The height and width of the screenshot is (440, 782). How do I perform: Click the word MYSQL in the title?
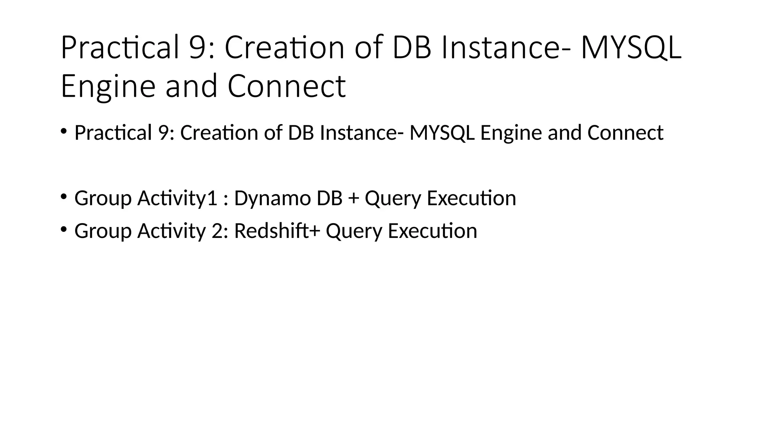tap(630, 48)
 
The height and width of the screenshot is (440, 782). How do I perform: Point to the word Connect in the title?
tap(286, 86)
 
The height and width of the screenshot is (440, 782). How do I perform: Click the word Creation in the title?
tap(284, 48)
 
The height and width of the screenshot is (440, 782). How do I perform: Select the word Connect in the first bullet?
tap(625, 133)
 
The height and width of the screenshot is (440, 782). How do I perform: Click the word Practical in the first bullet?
tap(113, 133)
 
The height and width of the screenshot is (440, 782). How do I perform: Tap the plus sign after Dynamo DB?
tap(353, 198)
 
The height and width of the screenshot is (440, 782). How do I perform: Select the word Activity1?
tap(177, 198)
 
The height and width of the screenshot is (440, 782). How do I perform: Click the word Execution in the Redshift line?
tap(432, 231)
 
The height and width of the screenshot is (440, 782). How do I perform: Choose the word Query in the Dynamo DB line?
tap(393, 198)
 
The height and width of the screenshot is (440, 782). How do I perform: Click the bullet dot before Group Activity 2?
tap(63, 229)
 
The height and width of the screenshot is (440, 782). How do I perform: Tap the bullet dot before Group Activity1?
tap(63, 196)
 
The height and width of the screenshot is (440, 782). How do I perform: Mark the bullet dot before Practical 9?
tap(63, 131)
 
